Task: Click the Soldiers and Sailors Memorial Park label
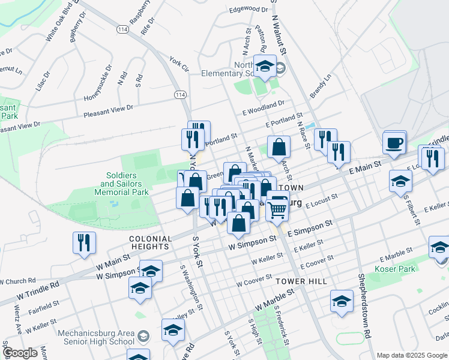click(121, 184)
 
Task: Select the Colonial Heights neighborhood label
click(149, 242)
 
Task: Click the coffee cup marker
click(394, 144)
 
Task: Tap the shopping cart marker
click(277, 209)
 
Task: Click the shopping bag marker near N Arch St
click(279, 147)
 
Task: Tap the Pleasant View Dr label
click(108, 110)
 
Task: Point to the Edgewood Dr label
click(248, 9)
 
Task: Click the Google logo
click(20, 353)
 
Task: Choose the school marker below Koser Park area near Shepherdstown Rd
click(342, 302)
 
